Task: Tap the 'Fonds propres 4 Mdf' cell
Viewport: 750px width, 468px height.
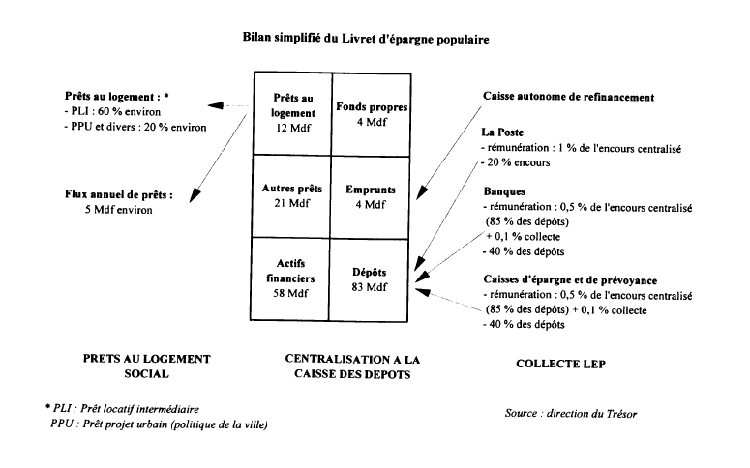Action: point(371,112)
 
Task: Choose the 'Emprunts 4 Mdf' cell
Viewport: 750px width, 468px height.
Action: point(371,196)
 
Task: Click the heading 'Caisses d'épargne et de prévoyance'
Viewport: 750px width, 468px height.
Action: point(566,278)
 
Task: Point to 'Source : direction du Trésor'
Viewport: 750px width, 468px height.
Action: point(571,413)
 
